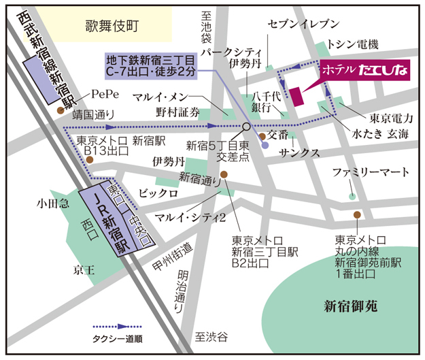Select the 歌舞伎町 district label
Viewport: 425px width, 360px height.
click(x=112, y=27)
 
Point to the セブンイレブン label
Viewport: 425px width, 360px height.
click(x=303, y=24)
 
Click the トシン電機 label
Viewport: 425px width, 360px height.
click(x=352, y=44)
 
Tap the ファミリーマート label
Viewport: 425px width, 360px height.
click(x=371, y=172)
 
